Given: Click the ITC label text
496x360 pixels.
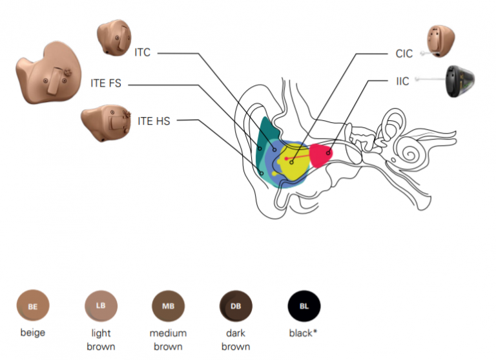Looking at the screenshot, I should click(142, 52).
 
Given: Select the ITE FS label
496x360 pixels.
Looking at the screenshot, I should click(106, 84).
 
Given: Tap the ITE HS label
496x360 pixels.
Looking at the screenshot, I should click(154, 120).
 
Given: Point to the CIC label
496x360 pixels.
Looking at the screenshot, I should click(404, 54).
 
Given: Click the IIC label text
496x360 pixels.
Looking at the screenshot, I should click(402, 82).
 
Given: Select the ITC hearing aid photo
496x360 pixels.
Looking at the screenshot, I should click(114, 37).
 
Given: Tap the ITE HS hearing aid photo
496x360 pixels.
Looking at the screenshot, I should click(106, 123).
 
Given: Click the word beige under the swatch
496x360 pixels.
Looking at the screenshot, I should click(32, 334).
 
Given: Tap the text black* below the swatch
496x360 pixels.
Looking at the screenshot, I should click(304, 334).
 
